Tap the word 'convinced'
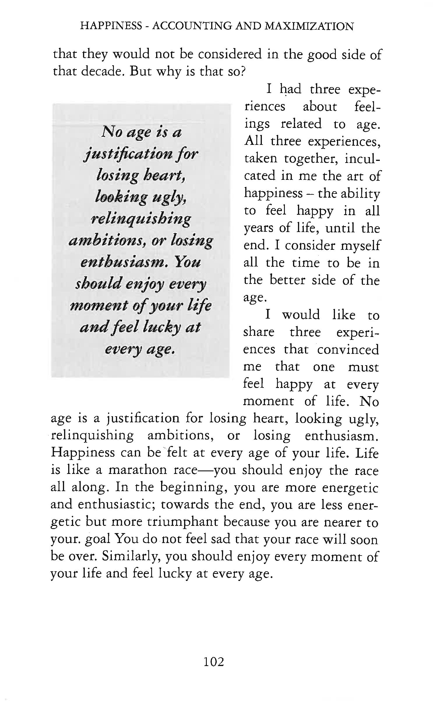click(x=348, y=349)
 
